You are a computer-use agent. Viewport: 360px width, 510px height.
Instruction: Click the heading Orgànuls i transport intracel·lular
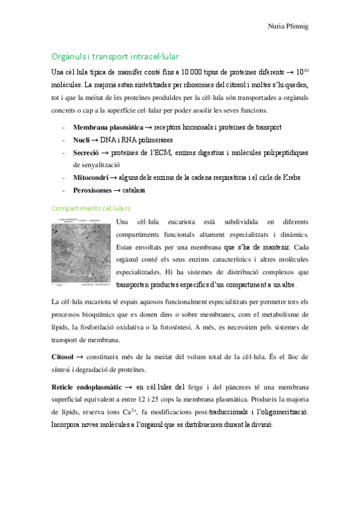click(115, 57)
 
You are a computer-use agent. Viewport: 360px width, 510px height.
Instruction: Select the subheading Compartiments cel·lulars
click(91, 207)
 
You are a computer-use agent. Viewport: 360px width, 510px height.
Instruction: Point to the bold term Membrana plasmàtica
click(108, 127)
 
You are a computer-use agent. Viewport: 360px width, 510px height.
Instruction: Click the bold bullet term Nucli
click(82, 140)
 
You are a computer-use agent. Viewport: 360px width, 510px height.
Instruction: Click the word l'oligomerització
click(275, 413)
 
